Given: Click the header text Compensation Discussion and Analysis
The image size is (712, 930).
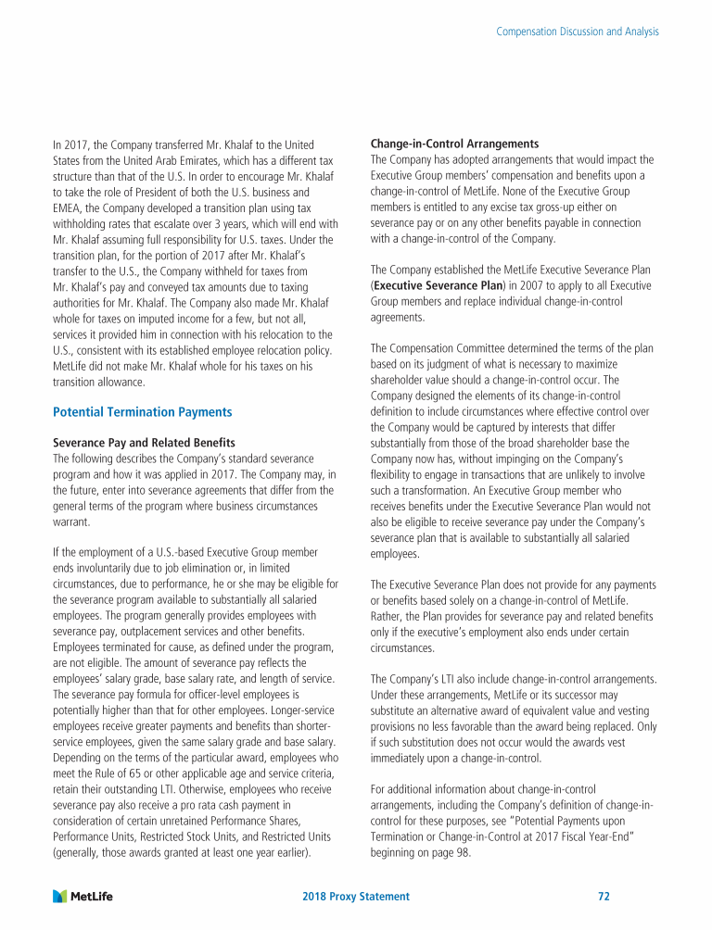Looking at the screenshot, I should [578, 31].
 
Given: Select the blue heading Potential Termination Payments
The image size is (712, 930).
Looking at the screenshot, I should [143, 412].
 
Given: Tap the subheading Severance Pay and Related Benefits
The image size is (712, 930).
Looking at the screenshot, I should [144, 442].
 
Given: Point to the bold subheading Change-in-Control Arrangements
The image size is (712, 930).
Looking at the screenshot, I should [454, 144].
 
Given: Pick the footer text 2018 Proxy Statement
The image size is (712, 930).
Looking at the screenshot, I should [357, 897].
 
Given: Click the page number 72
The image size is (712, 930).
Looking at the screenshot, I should [604, 897].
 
